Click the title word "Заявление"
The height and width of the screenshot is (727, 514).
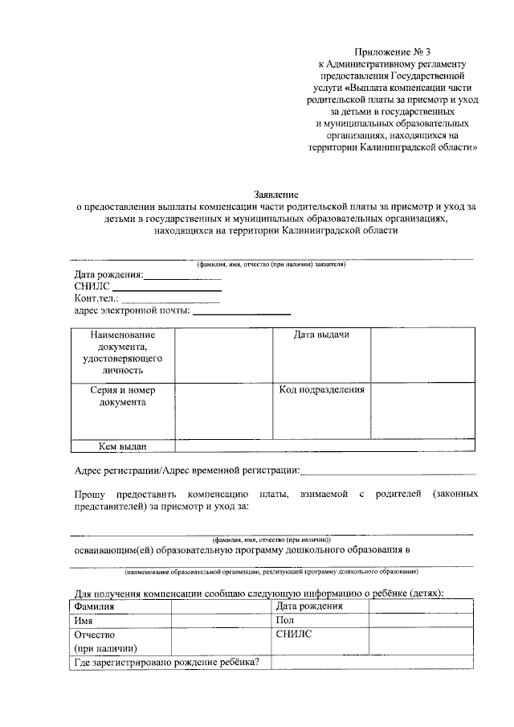(x=275, y=195)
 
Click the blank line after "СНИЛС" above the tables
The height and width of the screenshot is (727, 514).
(x=166, y=287)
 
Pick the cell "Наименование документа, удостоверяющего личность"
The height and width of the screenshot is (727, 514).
(x=123, y=352)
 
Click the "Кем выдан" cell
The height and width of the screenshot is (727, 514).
(x=123, y=445)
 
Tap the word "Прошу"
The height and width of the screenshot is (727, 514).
(x=88, y=493)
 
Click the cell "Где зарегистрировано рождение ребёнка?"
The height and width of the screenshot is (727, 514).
(x=169, y=663)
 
